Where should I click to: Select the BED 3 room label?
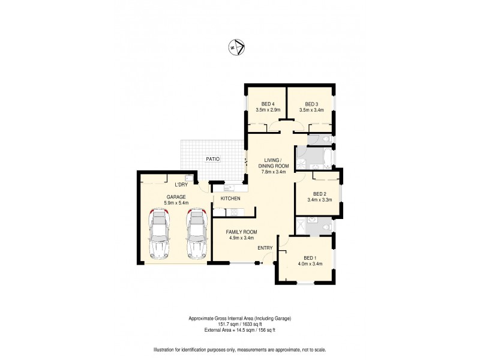pyautogui.click(x=310, y=103)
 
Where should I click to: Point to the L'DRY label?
pyautogui.click(x=182, y=185)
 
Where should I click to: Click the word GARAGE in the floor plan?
pyautogui.click(x=176, y=197)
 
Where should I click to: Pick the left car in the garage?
pyautogui.click(x=158, y=235)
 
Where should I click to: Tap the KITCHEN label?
pyautogui.click(x=230, y=199)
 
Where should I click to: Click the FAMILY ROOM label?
pyautogui.click(x=241, y=232)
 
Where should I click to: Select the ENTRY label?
pyautogui.click(x=266, y=248)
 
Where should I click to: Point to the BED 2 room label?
pyautogui.click(x=319, y=193)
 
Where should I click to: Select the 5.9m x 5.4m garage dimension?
pyautogui.click(x=176, y=203)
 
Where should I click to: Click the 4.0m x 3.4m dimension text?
pyautogui.click(x=310, y=263)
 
